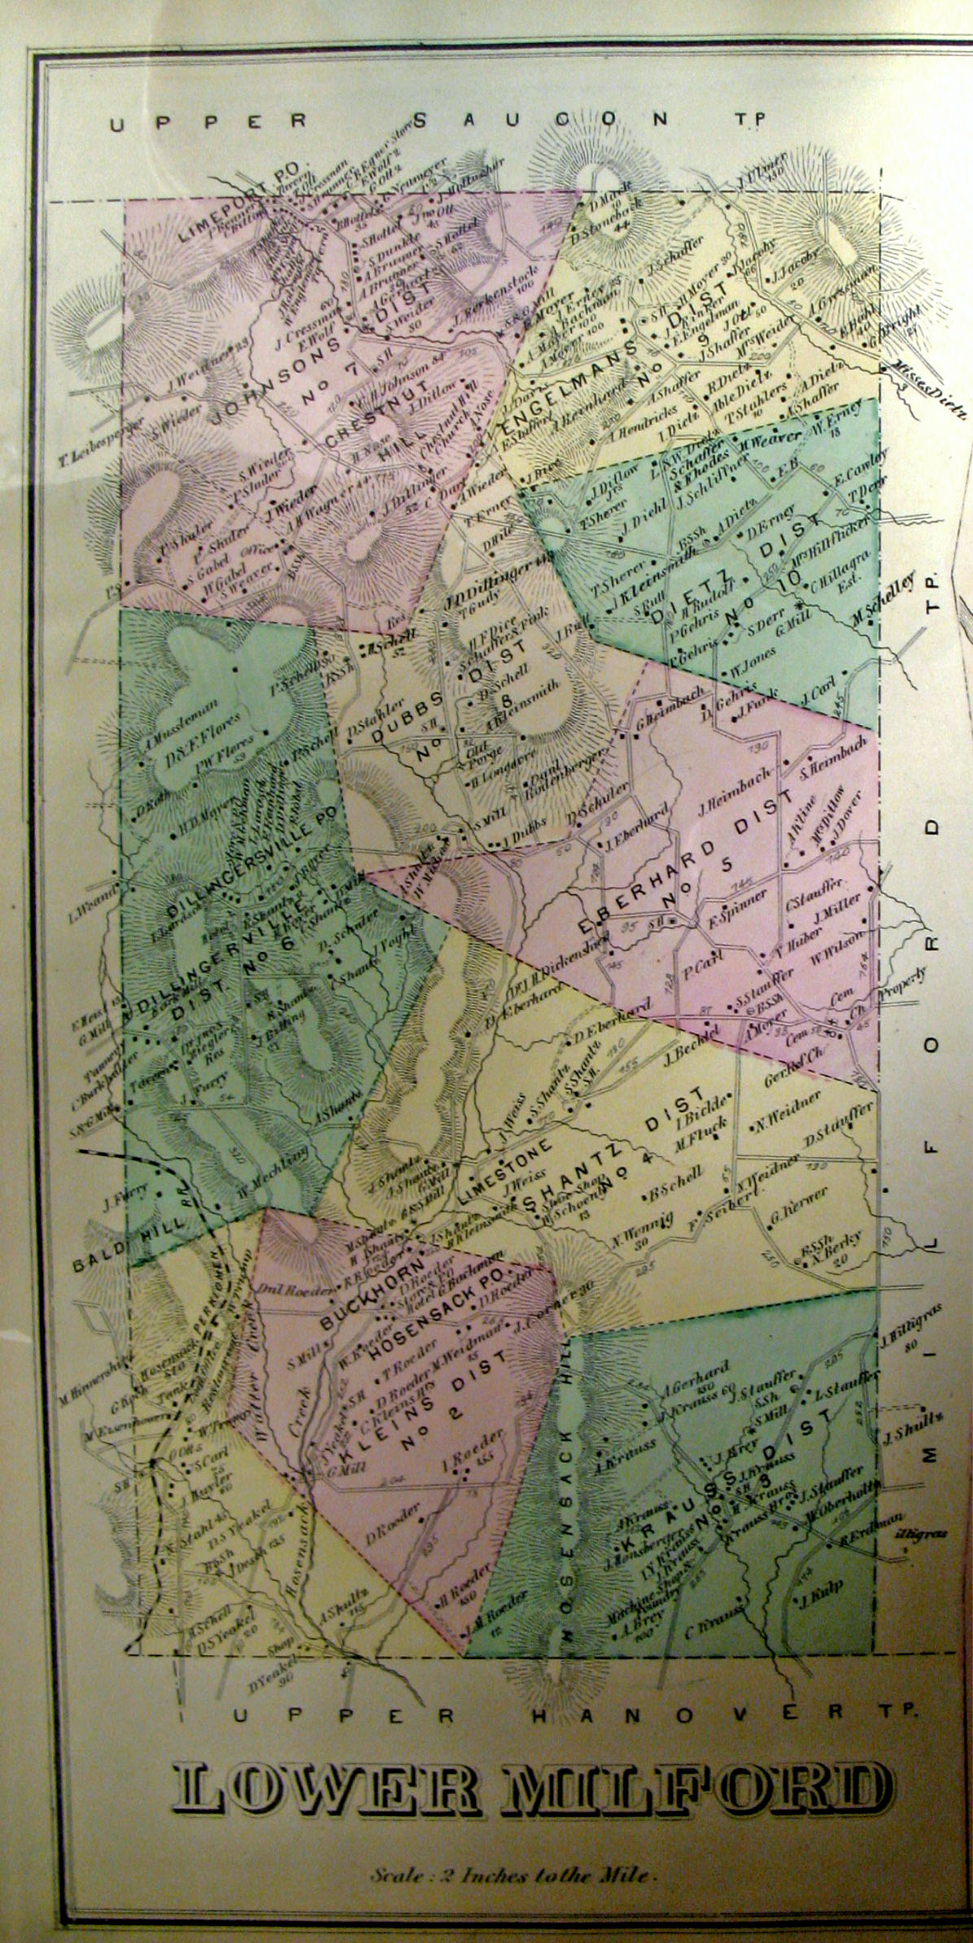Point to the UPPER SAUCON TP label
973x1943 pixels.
pyautogui.click(x=439, y=120)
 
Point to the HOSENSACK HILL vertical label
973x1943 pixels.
pyautogui.click(x=569, y=1456)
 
